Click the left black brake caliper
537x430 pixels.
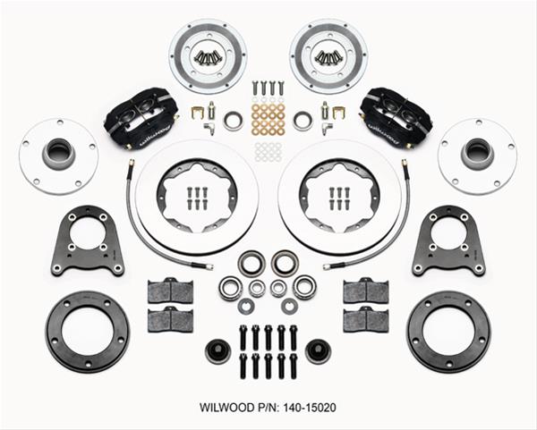[x=141, y=117]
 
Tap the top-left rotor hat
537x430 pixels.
[x=207, y=55]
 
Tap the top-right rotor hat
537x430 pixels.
[x=328, y=55]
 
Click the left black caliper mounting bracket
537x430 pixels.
[x=88, y=241]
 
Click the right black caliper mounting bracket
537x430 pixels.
[x=447, y=241]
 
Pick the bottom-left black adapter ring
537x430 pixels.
[x=87, y=332]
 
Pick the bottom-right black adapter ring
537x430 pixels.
[x=447, y=332]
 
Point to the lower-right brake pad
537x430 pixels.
[x=366, y=319]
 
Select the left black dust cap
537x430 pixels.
[x=217, y=351]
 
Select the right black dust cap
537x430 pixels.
[x=318, y=351]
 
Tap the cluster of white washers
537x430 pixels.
[x=268, y=151]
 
